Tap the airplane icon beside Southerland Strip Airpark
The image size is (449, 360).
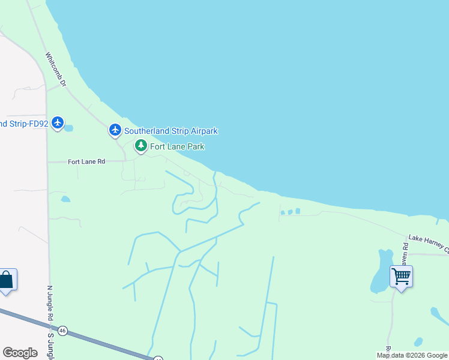[115, 130]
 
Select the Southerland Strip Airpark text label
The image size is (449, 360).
[171, 131]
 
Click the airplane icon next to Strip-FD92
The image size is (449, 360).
[58, 123]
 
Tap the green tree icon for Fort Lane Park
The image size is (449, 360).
[140, 146]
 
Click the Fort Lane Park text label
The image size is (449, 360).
[177, 146]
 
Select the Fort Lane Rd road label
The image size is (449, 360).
[86, 161]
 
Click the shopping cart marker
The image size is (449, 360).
[401, 277]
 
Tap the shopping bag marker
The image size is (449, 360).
[7, 280]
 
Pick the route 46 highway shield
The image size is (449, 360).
[62, 331]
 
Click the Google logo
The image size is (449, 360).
[20, 353]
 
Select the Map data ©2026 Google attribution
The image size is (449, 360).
[412, 355]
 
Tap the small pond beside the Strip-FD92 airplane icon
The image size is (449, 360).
[68, 128]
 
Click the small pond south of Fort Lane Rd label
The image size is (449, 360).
[65, 199]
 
